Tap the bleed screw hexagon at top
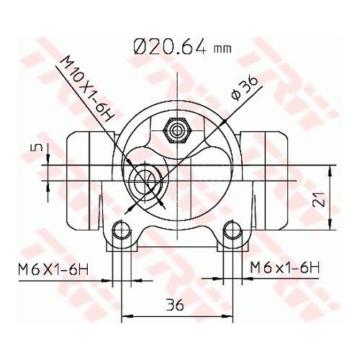pyautogui.click(x=177, y=130)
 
